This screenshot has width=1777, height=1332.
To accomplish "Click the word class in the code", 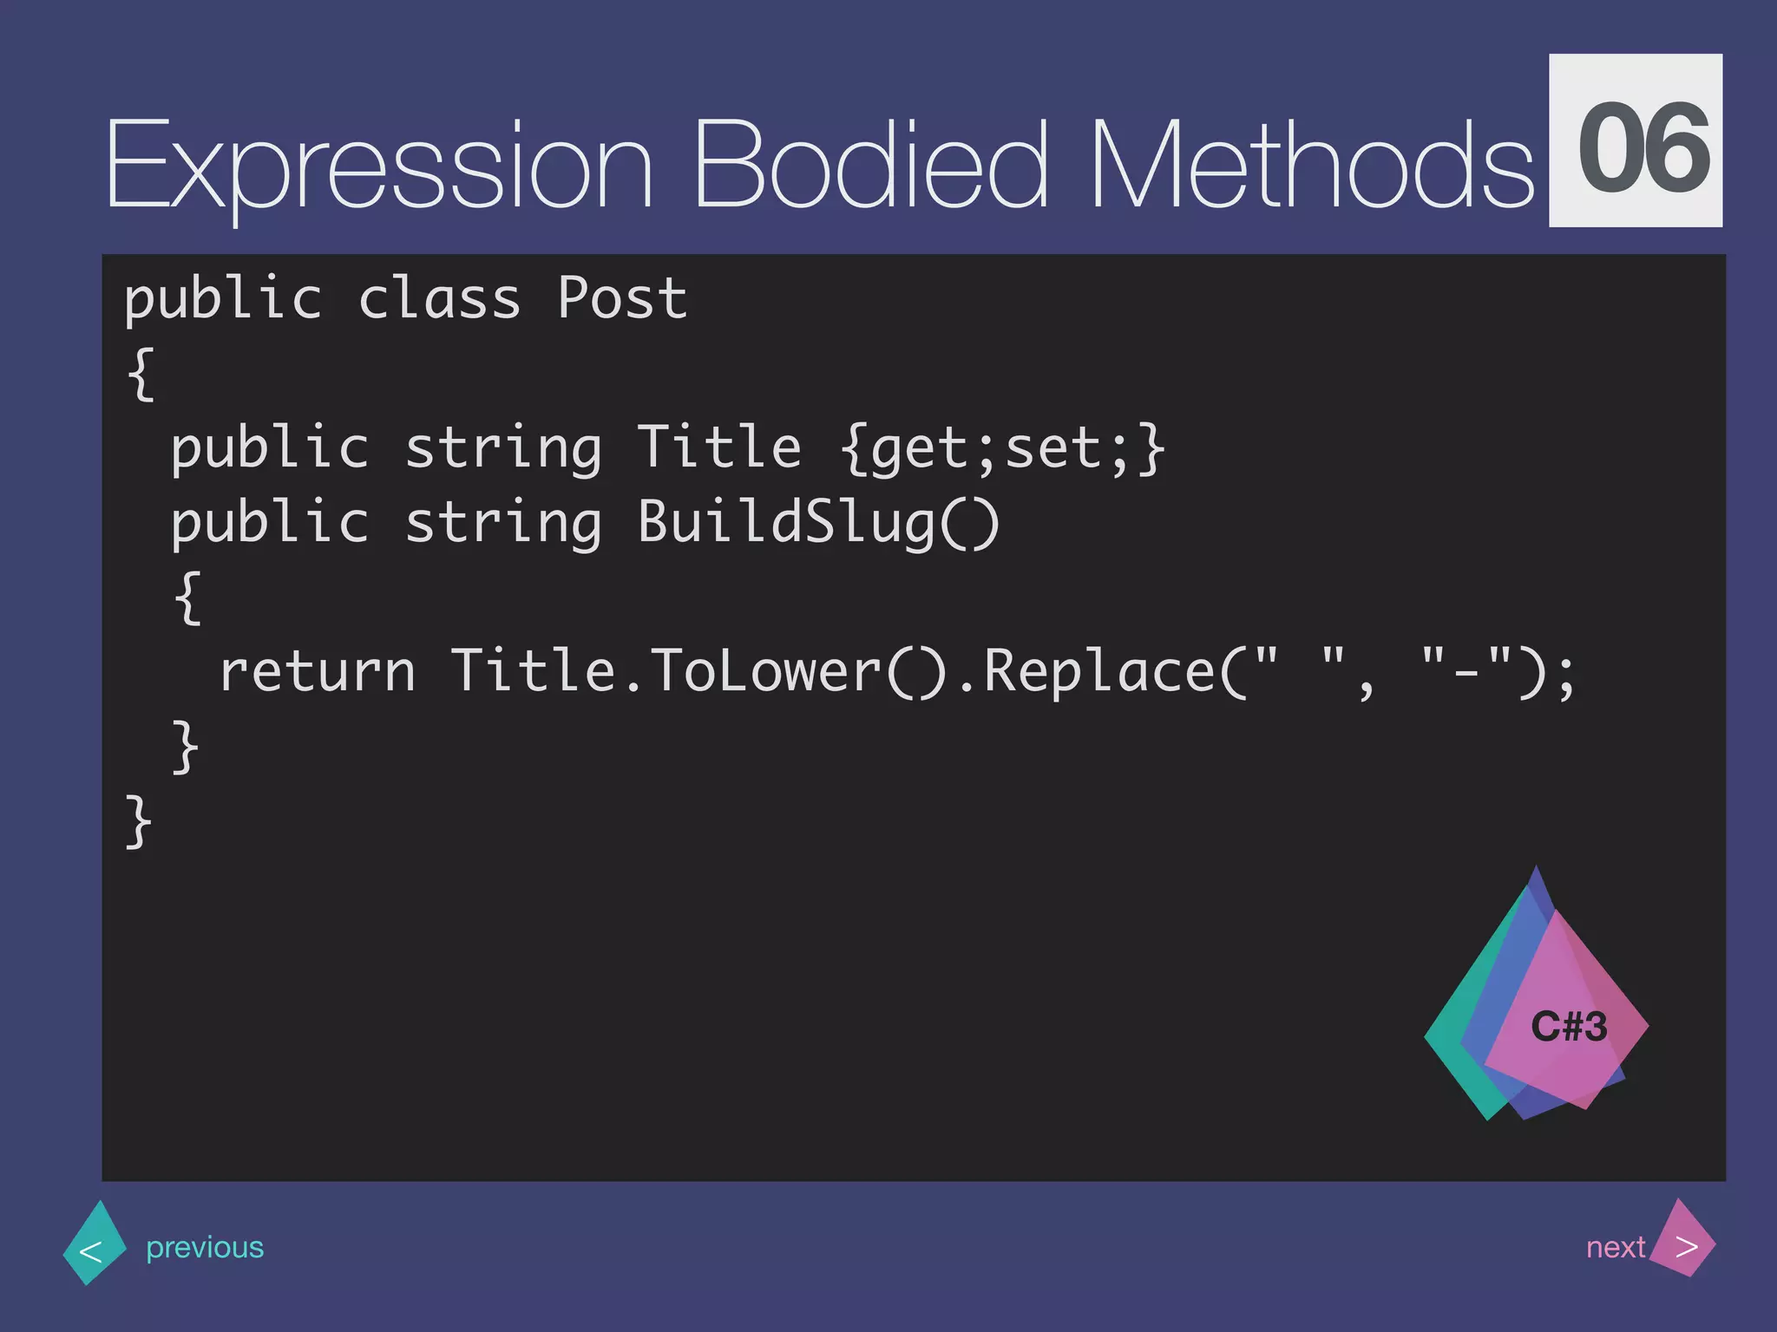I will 439,299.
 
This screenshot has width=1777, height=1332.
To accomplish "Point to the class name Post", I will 621,299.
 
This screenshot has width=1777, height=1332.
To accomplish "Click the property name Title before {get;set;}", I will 719,448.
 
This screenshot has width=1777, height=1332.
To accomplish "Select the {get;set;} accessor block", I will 1002,448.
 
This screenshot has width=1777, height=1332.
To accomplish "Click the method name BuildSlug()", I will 818,523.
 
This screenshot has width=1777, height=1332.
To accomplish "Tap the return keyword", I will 318,672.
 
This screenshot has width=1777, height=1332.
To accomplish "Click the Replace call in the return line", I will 1100,672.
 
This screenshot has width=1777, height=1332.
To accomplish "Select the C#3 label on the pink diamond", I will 1569,1027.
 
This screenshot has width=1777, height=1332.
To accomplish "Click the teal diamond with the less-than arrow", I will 94,1244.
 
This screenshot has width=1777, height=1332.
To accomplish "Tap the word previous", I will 205,1247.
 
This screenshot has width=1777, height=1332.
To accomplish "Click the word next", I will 1615,1247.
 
